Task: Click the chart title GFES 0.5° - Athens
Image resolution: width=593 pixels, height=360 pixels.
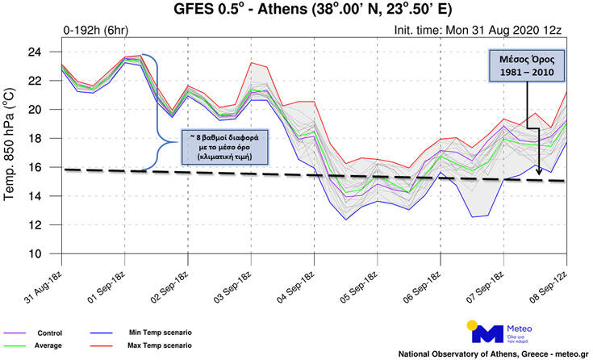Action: [x=313, y=11]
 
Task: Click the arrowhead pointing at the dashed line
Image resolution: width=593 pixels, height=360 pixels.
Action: [x=538, y=170]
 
